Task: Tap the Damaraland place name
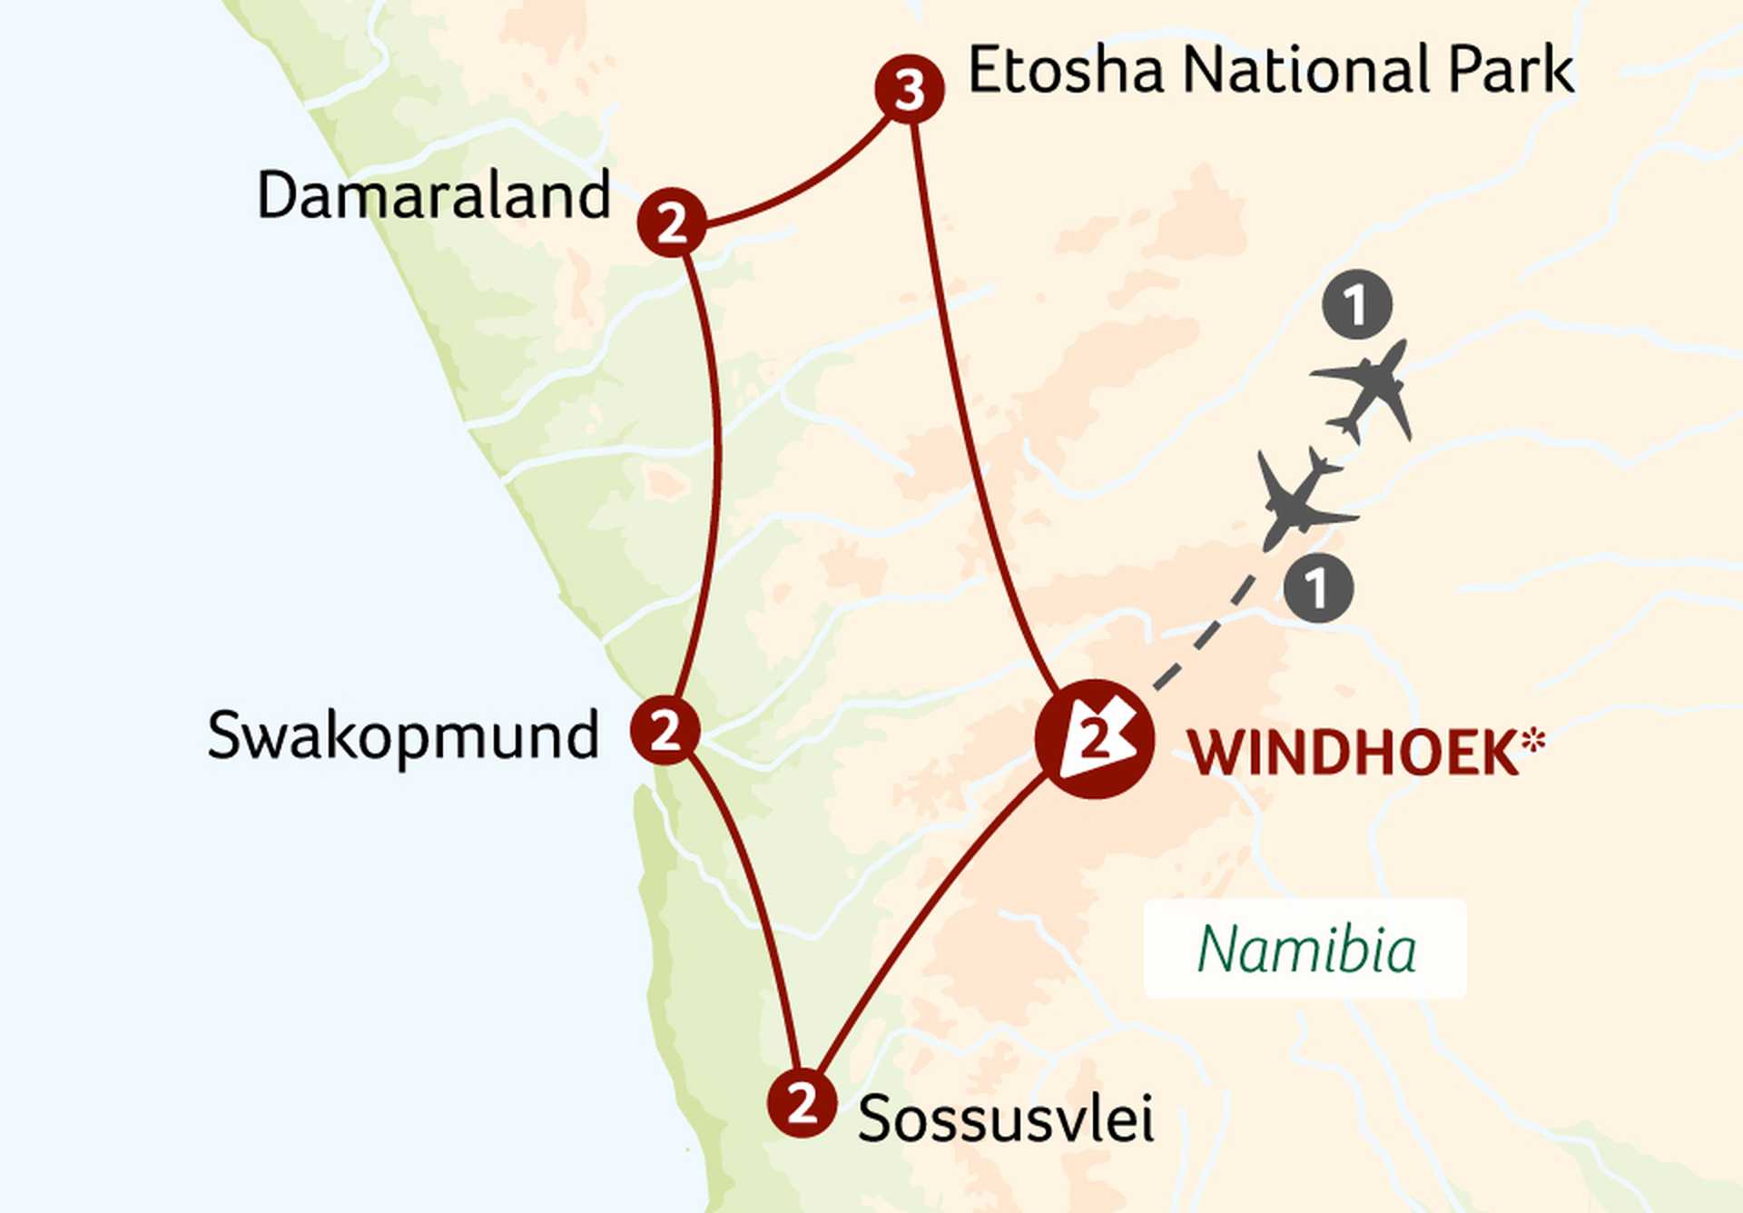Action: (x=433, y=195)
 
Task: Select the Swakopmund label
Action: (x=403, y=735)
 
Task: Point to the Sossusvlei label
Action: (x=1006, y=1119)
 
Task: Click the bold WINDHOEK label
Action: (x=1353, y=753)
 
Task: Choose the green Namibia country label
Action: (x=1305, y=950)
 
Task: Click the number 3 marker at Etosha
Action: (x=910, y=89)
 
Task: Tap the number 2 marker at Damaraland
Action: (x=672, y=222)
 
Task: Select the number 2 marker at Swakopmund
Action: (x=665, y=730)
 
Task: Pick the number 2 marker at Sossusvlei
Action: (x=802, y=1103)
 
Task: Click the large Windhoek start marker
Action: (x=1095, y=739)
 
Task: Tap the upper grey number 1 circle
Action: (x=1357, y=305)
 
